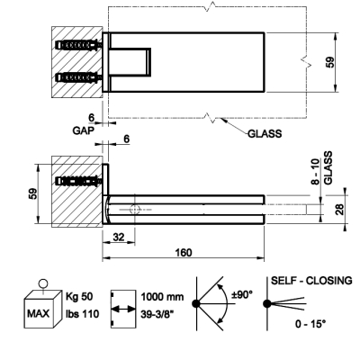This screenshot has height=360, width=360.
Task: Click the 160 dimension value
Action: [184, 252]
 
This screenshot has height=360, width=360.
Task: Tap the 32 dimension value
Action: [119, 237]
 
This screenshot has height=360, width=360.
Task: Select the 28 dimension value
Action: [339, 209]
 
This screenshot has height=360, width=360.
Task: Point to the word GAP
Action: [83, 130]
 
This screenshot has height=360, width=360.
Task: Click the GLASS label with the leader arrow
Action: [265, 133]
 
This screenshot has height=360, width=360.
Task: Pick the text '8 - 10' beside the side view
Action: [315, 172]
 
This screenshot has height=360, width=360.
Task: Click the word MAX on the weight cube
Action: [38, 314]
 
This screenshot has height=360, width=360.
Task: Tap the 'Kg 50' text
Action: [79, 296]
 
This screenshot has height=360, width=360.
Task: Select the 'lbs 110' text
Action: [82, 314]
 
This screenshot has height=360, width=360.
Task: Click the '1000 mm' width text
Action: [162, 297]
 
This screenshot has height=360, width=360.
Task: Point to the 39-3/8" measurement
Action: [157, 314]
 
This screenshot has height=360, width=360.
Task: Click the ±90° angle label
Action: [242, 294]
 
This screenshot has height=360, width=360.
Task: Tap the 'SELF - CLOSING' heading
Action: [311, 281]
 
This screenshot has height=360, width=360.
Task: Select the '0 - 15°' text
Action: [310, 324]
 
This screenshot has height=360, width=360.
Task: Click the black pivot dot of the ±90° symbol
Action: [196, 303]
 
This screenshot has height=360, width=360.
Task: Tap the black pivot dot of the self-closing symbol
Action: [266, 303]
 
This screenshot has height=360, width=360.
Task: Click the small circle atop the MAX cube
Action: [43, 283]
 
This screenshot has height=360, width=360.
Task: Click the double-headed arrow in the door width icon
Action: [122, 309]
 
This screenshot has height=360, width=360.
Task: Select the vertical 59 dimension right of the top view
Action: [329, 62]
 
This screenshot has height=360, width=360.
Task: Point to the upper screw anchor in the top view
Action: [78, 46]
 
